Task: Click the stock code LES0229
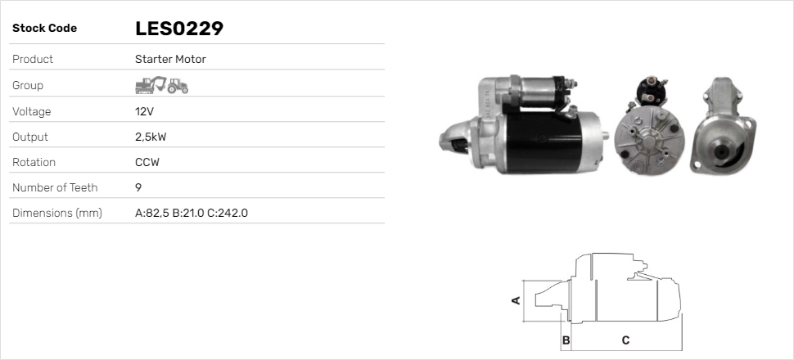[x=179, y=29]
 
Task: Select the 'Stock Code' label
[x=44, y=29]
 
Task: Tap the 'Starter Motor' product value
[x=170, y=59]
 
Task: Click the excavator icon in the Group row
[x=151, y=85]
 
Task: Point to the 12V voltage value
[x=144, y=111]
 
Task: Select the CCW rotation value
[x=147, y=162]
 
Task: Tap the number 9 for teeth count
[x=138, y=187]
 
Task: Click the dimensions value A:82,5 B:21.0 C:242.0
[x=191, y=213]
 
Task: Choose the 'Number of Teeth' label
[x=55, y=187]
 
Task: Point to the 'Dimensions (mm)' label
[x=56, y=213]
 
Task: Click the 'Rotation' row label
[x=34, y=162]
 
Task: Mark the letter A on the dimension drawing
[x=516, y=300]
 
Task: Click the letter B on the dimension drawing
[x=566, y=340]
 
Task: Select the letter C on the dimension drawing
[x=625, y=340]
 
